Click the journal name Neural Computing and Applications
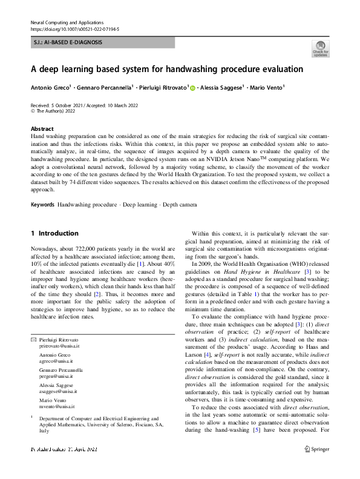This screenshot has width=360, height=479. click(x=67, y=22)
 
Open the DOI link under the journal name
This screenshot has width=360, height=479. click(x=74, y=28)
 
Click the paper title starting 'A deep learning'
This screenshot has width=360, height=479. click(x=167, y=69)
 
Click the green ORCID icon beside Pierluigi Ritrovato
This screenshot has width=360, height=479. click(x=193, y=88)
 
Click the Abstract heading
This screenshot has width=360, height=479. click(x=42, y=129)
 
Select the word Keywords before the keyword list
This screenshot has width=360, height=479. click(x=42, y=205)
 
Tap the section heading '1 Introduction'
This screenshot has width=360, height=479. click(x=54, y=233)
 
